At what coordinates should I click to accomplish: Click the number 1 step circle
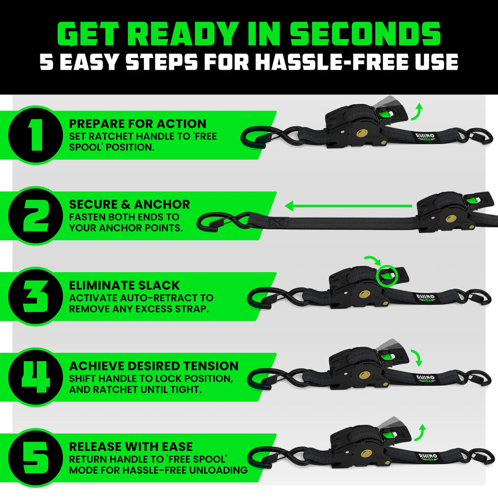33,135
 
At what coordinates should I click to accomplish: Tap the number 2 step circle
33,215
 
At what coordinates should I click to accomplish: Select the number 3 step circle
33,296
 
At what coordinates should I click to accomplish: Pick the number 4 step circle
33,376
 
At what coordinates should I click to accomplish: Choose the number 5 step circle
33,457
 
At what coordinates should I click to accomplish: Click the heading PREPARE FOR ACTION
138,124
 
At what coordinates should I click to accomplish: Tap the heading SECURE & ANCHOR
129,204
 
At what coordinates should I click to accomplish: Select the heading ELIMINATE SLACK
124,285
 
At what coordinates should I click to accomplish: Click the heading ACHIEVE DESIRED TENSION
154,366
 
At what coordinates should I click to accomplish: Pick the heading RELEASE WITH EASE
131,446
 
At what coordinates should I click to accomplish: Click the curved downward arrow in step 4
416,357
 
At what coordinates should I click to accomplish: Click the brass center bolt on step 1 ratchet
362,134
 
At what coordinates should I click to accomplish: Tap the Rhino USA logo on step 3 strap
425,297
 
